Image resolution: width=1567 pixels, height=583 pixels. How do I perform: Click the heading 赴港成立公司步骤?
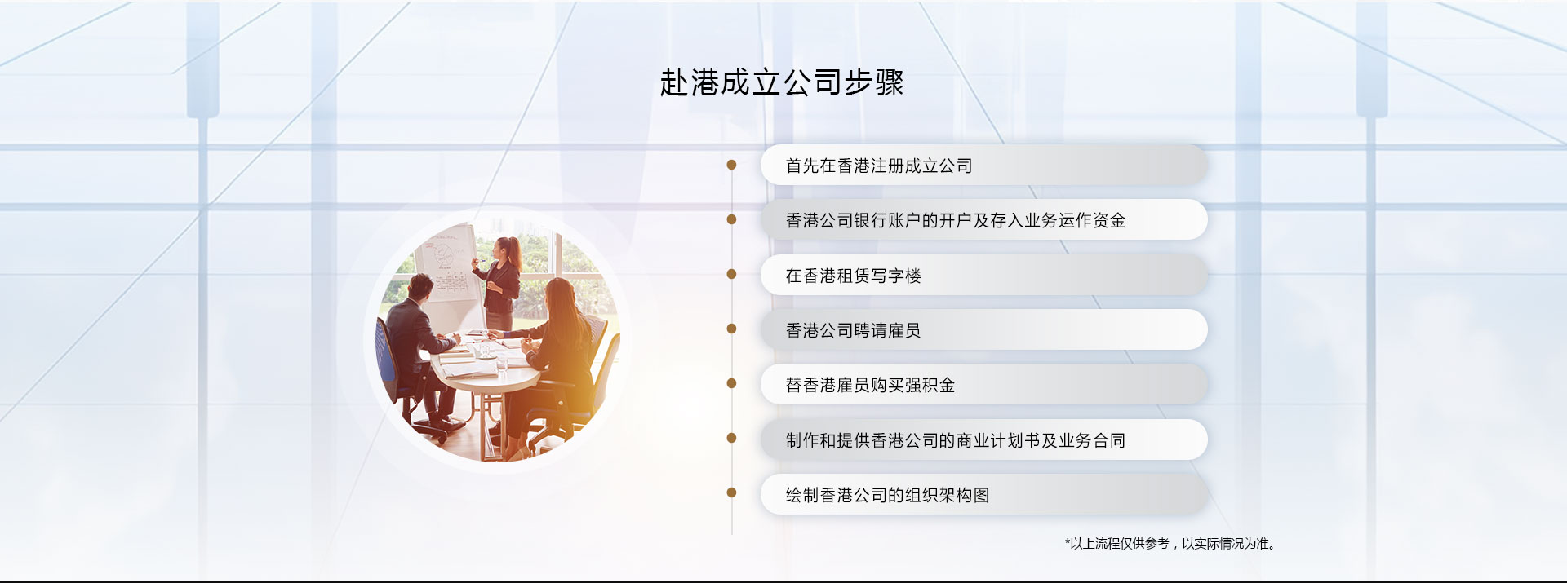(x=781, y=82)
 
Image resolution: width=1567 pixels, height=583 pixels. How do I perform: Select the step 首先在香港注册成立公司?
(x=878, y=166)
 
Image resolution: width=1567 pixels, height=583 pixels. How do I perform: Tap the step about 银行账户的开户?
(x=955, y=220)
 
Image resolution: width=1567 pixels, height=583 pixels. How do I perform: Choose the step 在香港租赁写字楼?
(x=853, y=276)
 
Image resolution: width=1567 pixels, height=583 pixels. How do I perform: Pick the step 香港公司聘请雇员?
(x=853, y=330)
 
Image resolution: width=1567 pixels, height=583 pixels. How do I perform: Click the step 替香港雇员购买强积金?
(x=870, y=385)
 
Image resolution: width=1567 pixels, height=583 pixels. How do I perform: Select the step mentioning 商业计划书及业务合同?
(x=955, y=440)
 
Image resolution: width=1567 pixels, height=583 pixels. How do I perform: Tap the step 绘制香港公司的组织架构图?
(x=887, y=495)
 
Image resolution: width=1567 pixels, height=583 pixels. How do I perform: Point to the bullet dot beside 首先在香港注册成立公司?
(x=731, y=165)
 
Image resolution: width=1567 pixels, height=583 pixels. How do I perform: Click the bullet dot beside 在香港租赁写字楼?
(x=731, y=274)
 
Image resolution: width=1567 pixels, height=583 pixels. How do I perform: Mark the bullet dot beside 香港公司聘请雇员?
(x=731, y=329)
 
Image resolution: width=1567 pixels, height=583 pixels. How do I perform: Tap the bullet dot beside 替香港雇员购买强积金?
(x=731, y=383)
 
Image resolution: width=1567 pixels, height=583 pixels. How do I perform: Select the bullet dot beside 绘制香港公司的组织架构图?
(x=731, y=492)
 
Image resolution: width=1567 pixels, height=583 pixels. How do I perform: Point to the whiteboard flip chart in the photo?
(x=445, y=261)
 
